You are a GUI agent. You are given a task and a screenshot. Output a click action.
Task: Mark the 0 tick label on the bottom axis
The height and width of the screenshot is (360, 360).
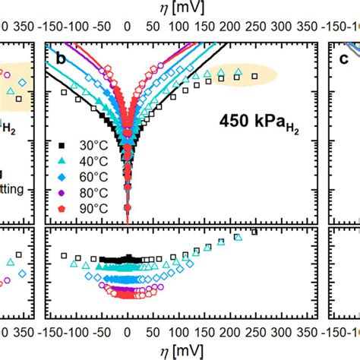point(128,332)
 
